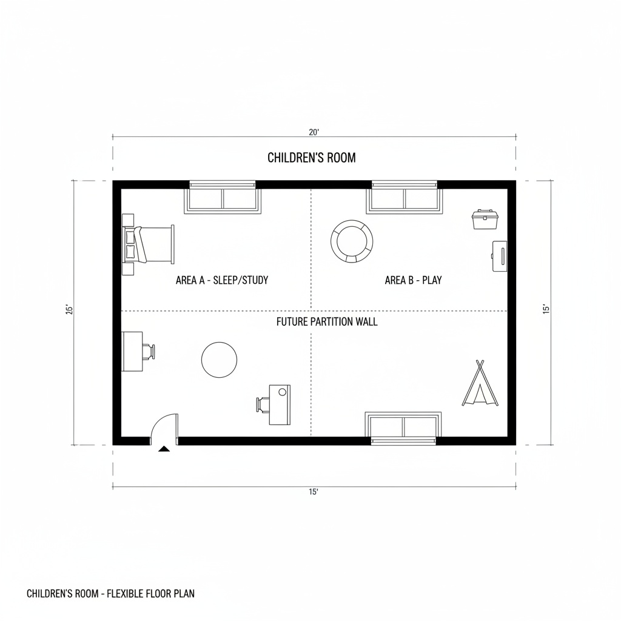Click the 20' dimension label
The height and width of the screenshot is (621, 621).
pyautogui.click(x=314, y=132)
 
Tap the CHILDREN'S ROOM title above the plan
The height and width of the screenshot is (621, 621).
pyautogui.click(x=312, y=158)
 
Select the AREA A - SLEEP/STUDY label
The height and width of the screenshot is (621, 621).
pyautogui.click(x=222, y=280)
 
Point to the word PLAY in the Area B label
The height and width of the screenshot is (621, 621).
pyautogui.click(x=432, y=280)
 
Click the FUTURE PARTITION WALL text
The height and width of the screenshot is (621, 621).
pyautogui.click(x=327, y=321)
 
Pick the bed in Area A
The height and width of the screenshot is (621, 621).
pyautogui.click(x=148, y=244)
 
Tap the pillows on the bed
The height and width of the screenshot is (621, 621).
pyautogui.click(x=130, y=244)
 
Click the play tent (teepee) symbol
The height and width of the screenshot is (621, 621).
pyautogui.click(x=480, y=383)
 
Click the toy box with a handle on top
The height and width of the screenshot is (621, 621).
pyautogui.click(x=484, y=220)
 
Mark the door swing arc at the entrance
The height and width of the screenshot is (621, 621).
pyautogui.click(x=157, y=421)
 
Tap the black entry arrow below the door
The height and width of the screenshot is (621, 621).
pyautogui.click(x=164, y=449)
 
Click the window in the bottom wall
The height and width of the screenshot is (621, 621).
pyautogui.click(x=403, y=429)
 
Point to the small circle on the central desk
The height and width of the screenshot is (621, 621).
pyautogui.click(x=283, y=392)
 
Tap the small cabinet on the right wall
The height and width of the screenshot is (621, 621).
pyautogui.click(x=500, y=256)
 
